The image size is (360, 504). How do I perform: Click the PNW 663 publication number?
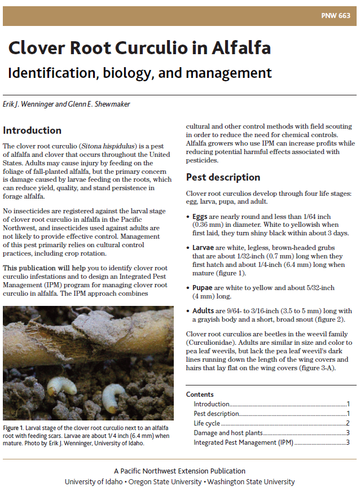point(337,16)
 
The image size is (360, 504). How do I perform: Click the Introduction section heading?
point(32,130)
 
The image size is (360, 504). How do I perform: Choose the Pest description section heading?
point(223,177)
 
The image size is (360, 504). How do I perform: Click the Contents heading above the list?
point(200,395)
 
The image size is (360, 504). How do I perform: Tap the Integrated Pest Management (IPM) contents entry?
point(243,442)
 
